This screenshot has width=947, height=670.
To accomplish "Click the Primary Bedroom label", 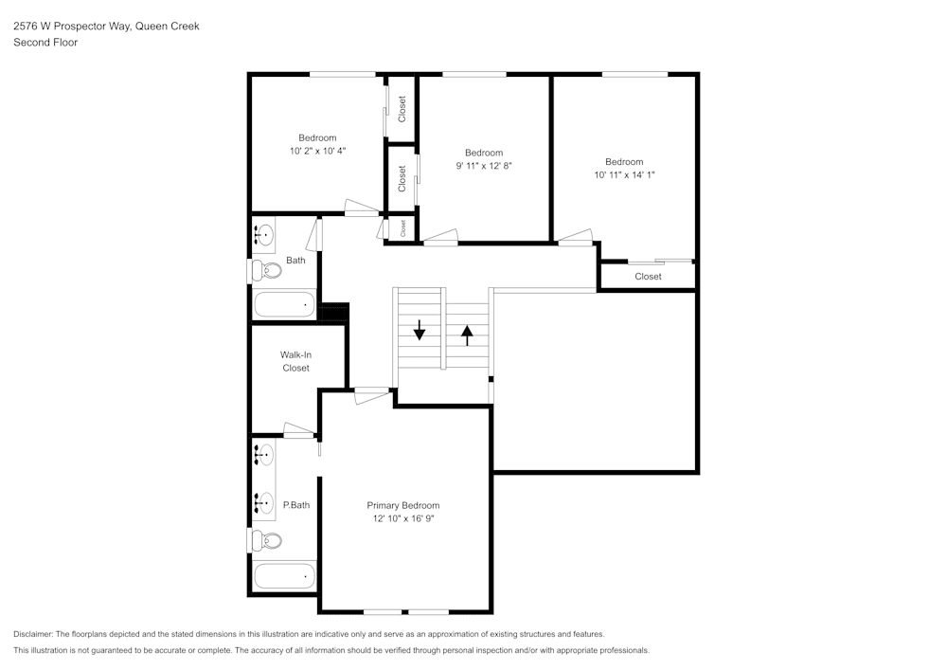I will coord(403,505).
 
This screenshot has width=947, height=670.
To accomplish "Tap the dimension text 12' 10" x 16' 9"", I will coord(403,518).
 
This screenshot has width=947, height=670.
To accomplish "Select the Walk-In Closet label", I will coord(295,361).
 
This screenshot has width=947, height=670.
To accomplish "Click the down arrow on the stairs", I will coord(420,332).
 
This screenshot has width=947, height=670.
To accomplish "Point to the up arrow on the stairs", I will coord(467,334).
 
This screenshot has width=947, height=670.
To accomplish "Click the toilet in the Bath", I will coord(268,271).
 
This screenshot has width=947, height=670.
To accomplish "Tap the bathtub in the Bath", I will coord(284,305).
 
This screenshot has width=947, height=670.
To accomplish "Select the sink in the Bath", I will coord(266,233).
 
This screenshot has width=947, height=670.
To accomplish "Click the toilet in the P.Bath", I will coord(268,541).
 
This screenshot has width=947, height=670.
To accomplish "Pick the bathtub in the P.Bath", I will coord(284,575).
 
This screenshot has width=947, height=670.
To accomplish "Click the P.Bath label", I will coord(296,505).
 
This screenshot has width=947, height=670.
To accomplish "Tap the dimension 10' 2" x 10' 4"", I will coord(317,151).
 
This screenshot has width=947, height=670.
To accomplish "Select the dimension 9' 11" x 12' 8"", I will coord(484,166).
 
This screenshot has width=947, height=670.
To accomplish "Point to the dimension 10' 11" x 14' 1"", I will coord(624,174).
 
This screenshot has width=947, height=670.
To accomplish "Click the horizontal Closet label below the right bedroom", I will coord(649,277).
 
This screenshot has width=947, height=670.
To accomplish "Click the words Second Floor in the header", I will coord(45,43).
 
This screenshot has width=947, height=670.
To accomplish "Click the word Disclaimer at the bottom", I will coord(33,634).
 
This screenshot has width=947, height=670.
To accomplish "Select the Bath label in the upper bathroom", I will coord(295,261).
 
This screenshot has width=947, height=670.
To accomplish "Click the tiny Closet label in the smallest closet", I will coord(402,228).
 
